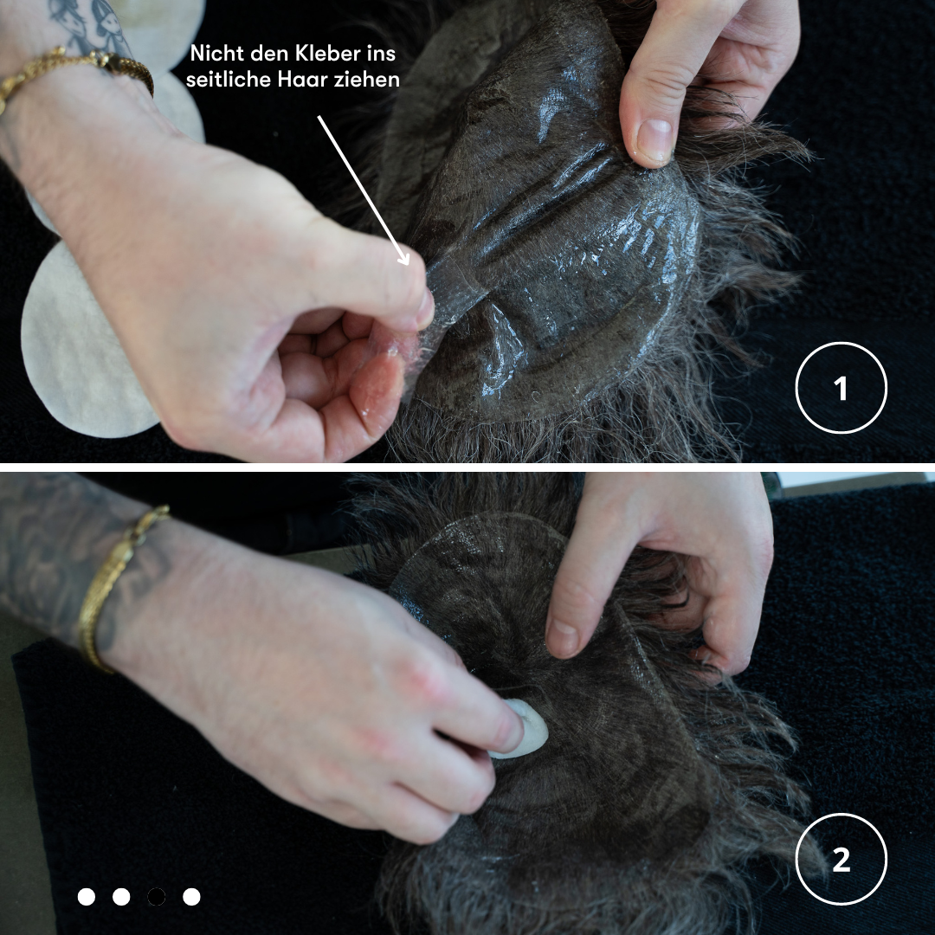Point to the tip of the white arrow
point(409,264)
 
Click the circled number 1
point(841,388)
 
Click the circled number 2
point(841,860)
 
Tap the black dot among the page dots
point(156,896)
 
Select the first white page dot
point(87,896)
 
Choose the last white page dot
point(191,896)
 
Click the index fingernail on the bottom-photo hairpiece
point(563,637)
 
